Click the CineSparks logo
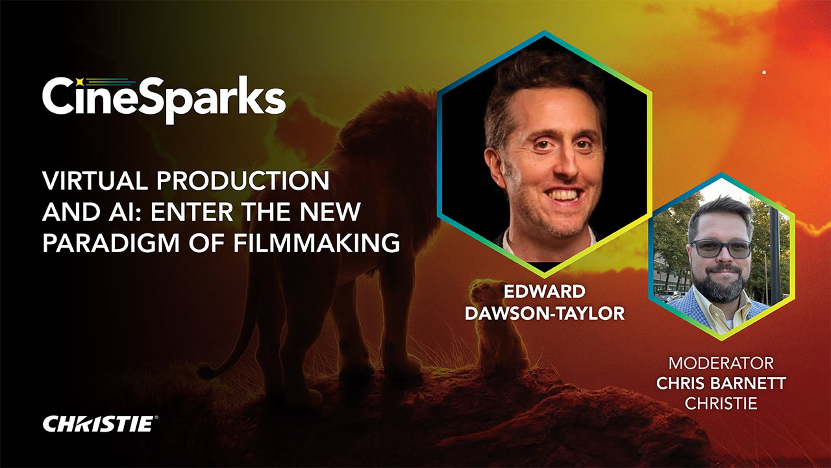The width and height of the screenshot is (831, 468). pyautogui.click(x=164, y=99)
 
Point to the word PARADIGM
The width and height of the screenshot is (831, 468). pyautogui.click(x=111, y=242)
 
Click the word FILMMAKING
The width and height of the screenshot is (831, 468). pyautogui.click(x=316, y=242)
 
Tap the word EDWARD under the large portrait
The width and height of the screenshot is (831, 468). pyautogui.click(x=544, y=291)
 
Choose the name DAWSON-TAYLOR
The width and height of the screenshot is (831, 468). pyautogui.click(x=545, y=313)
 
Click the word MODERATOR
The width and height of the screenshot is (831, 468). pyautogui.click(x=721, y=363)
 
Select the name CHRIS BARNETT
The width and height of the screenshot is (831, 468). pyautogui.click(x=721, y=383)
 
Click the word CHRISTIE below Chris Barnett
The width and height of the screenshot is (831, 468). pyautogui.click(x=721, y=404)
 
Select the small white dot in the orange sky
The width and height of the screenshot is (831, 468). pyautogui.click(x=764, y=72)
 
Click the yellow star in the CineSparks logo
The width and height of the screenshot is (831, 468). pyautogui.click(x=80, y=82)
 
